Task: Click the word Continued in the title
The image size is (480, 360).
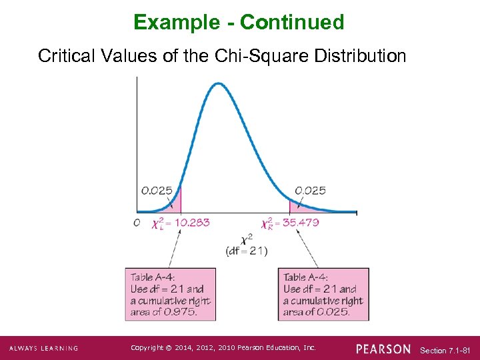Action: [292, 23]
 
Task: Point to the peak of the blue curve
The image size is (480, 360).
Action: [218, 83]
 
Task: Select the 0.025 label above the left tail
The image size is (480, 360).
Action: [157, 190]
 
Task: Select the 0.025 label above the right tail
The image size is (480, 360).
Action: [310, 190]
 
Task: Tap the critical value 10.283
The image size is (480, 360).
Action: [191, 223]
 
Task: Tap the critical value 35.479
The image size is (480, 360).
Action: [301, 223]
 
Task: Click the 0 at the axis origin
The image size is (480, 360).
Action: [136, 223]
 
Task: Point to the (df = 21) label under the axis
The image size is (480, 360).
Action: [247, 251]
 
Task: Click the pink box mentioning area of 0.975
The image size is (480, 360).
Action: [171, 294]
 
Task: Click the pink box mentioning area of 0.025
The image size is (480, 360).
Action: [323, 294]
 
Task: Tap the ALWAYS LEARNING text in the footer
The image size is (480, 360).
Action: [43, 348]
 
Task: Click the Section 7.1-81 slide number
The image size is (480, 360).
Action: [446, 350]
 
